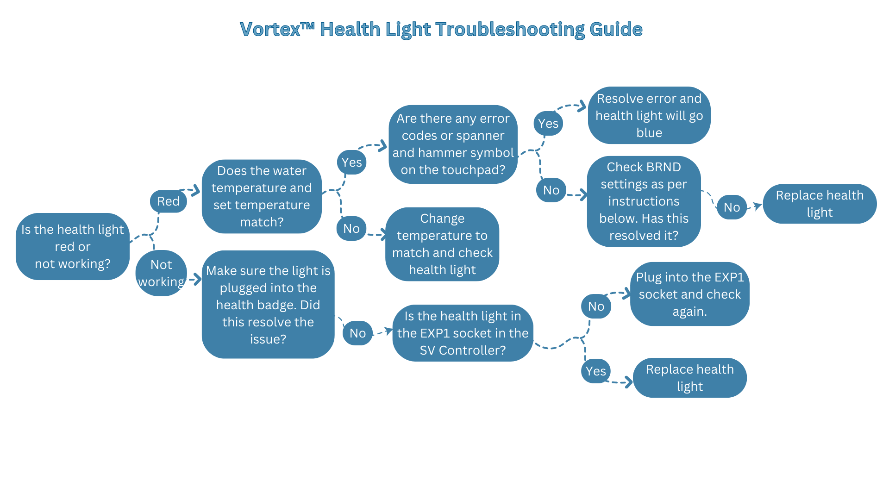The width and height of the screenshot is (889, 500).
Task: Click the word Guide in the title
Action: (616, 29)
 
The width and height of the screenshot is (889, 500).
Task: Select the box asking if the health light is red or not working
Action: (73, 246)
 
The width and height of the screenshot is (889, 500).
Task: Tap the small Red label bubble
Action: (169, 201)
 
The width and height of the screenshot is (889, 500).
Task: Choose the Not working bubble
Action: (161, 273)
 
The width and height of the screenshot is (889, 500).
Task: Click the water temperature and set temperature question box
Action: (262, 196)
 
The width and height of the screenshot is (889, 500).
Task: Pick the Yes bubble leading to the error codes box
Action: (352, 162)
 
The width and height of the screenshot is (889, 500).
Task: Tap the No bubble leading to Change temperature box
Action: (351, 228)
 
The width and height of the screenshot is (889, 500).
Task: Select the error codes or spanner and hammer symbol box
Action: (453, 144)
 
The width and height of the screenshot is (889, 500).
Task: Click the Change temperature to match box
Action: (442, 244)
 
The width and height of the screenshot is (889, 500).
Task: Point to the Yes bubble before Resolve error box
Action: (548, 123)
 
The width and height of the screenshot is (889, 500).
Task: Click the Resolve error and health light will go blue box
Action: (649, 115)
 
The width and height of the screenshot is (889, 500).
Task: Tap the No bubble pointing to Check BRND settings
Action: (551, 190)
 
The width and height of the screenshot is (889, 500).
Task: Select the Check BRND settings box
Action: (644, 201)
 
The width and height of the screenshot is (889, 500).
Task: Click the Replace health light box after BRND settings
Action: (820, 204)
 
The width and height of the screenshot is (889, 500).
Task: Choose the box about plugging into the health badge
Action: (268, 305)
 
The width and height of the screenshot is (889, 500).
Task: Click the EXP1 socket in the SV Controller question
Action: (463, 333)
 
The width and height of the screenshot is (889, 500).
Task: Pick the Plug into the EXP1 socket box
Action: (690, 294)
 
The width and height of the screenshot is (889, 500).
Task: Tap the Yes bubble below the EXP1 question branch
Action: (596, 371)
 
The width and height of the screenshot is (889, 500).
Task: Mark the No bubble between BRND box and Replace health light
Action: (732, 207)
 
